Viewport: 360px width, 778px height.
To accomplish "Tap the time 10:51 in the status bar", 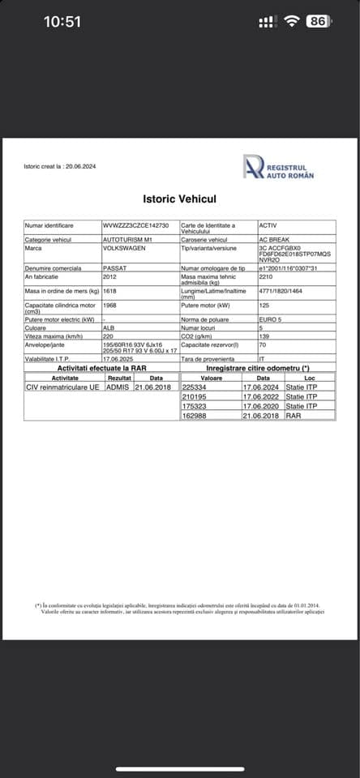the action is point(62,22).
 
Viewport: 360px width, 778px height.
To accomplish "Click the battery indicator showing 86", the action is point(318,22).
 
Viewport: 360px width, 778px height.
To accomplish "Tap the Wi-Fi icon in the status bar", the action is point(292,22).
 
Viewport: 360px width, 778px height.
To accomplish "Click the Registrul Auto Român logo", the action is point(279,167).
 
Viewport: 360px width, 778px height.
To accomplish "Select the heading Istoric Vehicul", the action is point(179,199).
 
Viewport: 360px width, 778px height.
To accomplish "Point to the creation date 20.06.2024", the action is point(79,167).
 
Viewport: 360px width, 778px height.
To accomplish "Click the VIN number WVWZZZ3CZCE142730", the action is point(135,225).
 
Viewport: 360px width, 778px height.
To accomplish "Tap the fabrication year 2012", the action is point(110,276).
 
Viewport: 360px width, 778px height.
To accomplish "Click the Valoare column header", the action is point(211,378).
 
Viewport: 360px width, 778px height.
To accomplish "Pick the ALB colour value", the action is point(109,330).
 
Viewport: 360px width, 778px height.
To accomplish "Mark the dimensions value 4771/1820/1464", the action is point(280,290).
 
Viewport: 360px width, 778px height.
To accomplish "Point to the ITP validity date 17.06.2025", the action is point(117,357).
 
